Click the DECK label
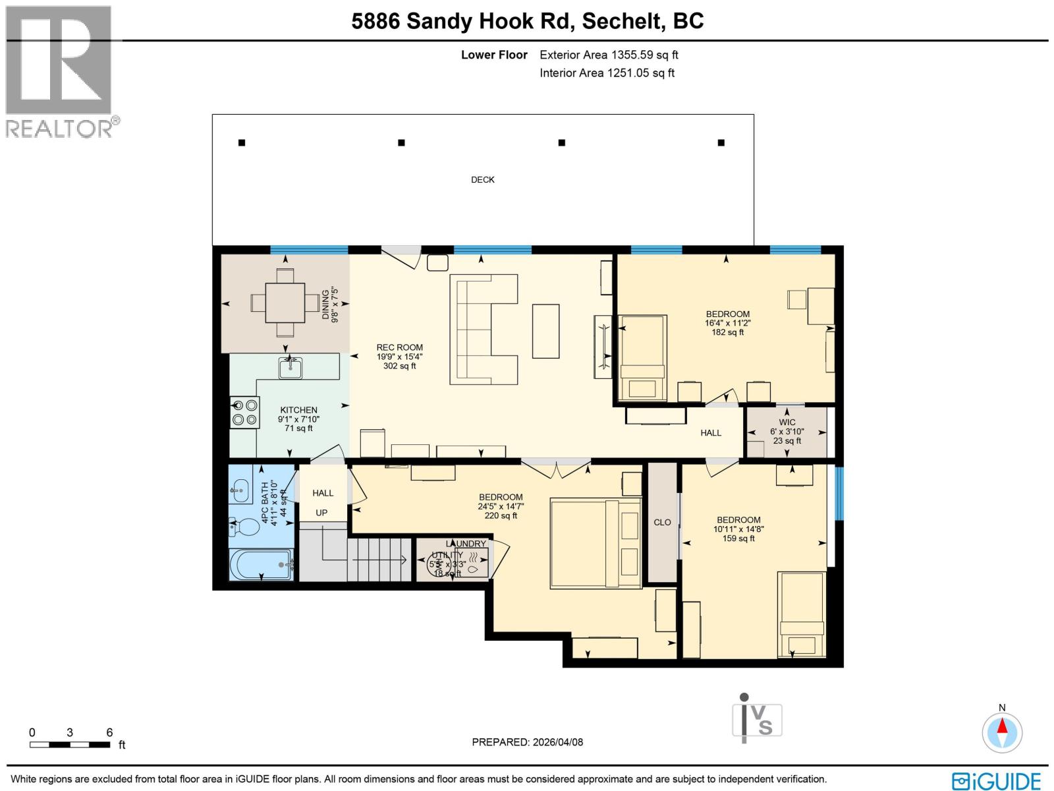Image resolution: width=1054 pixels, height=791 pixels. pyautogui.click(x=482, y=179)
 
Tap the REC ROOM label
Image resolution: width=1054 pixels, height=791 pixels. pyautogui.click(x=399, y=347)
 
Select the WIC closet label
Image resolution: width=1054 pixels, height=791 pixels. pyautogui.click(x=787, y=423)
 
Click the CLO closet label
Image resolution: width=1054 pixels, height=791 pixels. pyautogui.click(x=662, y=522)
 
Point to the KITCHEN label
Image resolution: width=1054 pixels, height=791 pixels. pyautogui.click(x=298, y=410)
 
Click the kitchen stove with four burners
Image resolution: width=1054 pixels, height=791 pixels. pyautogui.click(x=244, y=413)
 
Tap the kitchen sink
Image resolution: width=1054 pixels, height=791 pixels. pyautogui.click(x=290, y=367)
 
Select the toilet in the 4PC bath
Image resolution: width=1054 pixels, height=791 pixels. pyautogui.click(x=244, y=527)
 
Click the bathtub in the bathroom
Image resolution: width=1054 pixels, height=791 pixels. pyautogui.click(x=262, y=565)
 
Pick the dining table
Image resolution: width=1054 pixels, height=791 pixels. pyautogui.click(x=285, y=303)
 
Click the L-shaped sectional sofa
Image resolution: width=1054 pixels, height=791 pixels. pyautogui.click(x=483, y=329)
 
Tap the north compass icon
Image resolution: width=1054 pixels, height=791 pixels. pyautogui.click(x=1002, y=732)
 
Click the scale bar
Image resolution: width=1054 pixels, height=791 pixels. pyautogui.click(x=70, y=745)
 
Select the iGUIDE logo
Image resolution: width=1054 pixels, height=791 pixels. pyautogui.click(x=996, y=781)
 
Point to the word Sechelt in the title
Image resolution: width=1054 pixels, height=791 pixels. pyautogui.click(x=621, y=21)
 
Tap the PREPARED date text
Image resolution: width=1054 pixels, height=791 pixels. pyautogui.click(x=527, y=742)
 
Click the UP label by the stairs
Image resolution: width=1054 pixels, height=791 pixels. pyautogui.click(x=321, y=513)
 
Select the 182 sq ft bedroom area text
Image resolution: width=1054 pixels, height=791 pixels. pyautogui.click(x=727, y=332)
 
